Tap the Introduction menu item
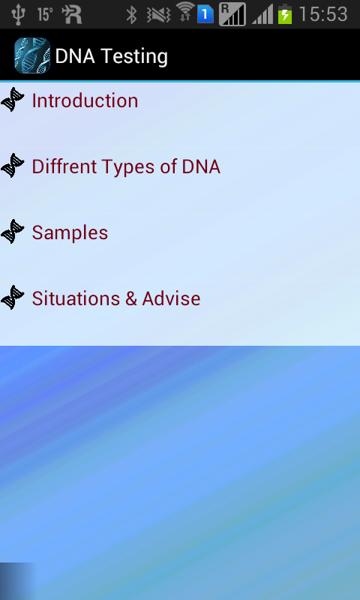(x=85, y=100)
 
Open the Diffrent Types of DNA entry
(x=126, y=166)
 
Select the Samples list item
(x=70, y=232)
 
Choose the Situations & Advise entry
(x=116, y=298)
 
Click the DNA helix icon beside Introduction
(x=13, y=100)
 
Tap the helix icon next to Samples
(x=13, y=232)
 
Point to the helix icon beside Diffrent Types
(x=13, y=166)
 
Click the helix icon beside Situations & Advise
(x=13, y=298)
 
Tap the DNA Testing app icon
(x=31, y=55)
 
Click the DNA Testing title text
(x=111, y=56)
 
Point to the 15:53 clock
(x=323, y=14)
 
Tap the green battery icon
(x=285, y=14)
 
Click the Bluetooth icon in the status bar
(x=131, y=14)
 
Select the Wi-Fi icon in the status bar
(x=184, y=12)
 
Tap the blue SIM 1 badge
(x=205, y=14)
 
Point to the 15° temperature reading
(x=45, y=14)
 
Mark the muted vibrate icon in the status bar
(x=158, y=14)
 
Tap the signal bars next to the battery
(x=262, y=14)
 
